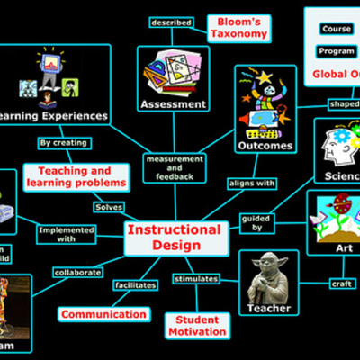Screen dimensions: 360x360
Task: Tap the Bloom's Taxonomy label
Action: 238,28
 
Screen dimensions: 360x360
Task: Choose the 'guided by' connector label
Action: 256,222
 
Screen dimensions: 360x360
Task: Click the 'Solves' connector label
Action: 109,207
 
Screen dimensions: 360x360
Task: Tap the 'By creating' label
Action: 64,142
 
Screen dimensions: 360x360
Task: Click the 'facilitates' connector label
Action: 135,284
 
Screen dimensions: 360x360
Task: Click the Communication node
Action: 103,314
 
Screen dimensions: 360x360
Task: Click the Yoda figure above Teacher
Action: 269,276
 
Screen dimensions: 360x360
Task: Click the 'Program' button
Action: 336,51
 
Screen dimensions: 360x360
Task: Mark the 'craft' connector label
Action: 341,284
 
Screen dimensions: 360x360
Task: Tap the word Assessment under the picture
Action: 174,104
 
